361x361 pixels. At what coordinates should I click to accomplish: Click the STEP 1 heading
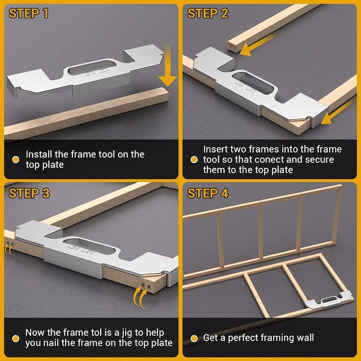tap(28, 13)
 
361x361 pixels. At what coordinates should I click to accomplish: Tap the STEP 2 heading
tap(208, 13)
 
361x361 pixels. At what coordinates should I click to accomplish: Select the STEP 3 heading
tap(29, 193)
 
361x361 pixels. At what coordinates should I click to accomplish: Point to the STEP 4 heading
tap(208, 193)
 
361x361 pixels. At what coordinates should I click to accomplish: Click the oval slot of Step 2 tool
tap(253, 84)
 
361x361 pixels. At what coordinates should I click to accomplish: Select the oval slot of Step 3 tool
tap(89, 247)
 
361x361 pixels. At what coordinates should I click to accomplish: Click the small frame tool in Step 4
tap(329, 300)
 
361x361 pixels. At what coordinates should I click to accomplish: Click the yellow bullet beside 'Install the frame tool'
tap(16, 159)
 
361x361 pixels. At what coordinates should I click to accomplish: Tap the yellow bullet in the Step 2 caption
tap(194, 159)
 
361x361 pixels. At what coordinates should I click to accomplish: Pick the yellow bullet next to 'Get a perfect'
tap(194, 338)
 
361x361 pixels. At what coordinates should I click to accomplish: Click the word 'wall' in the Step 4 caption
tap(305, 338)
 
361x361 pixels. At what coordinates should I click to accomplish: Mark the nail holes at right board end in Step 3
tap(146, 286)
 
